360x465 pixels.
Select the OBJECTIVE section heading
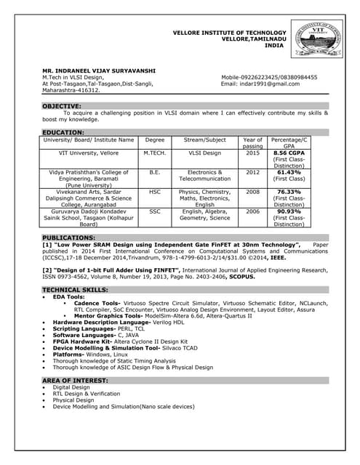(62, 106)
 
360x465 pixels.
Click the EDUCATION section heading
(63, 132)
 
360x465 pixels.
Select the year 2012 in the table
(252, 172)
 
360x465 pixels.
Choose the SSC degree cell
(155, 211)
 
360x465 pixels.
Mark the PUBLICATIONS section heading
(68, 238)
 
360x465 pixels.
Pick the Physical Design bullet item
(73, 400)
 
